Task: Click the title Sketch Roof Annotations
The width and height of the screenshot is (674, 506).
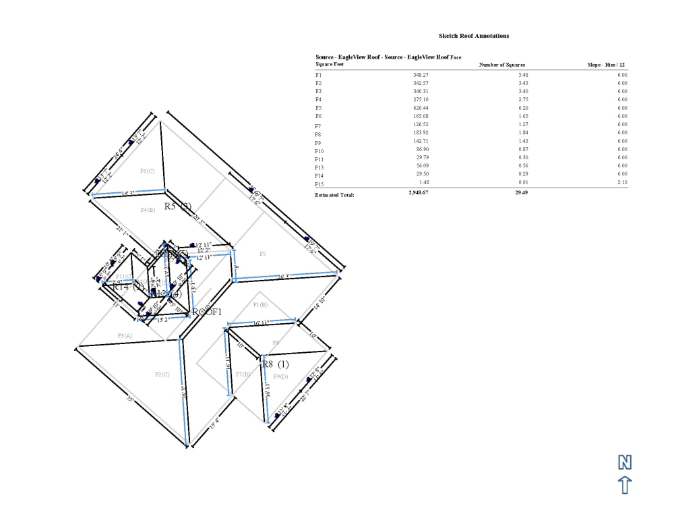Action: (x=474, y=36)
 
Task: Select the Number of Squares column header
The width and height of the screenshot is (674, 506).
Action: (x=501, y=65)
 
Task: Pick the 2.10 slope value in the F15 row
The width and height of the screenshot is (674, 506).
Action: (x=621, y=182)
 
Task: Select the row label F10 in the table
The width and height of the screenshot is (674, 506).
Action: (x=319, y=150)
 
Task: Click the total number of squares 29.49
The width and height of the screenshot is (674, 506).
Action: (x=522, y=192)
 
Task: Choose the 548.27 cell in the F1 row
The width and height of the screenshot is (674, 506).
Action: (x=421, y=75)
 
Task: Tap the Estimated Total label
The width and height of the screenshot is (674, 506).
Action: (x=334, y=195)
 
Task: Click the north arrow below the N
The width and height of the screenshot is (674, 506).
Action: (x=625, y=484)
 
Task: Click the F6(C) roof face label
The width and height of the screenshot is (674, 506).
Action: (x=147, y=171)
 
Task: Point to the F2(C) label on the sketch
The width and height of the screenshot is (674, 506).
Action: (x=162, y=374)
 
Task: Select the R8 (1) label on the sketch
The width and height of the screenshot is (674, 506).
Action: (x=275, y=364)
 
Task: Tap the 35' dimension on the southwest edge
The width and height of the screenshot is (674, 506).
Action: (x=130, y=400)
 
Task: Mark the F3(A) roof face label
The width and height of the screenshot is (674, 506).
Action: (x=125, y=335)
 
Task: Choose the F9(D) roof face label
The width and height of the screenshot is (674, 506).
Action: (x=280, y=375)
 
